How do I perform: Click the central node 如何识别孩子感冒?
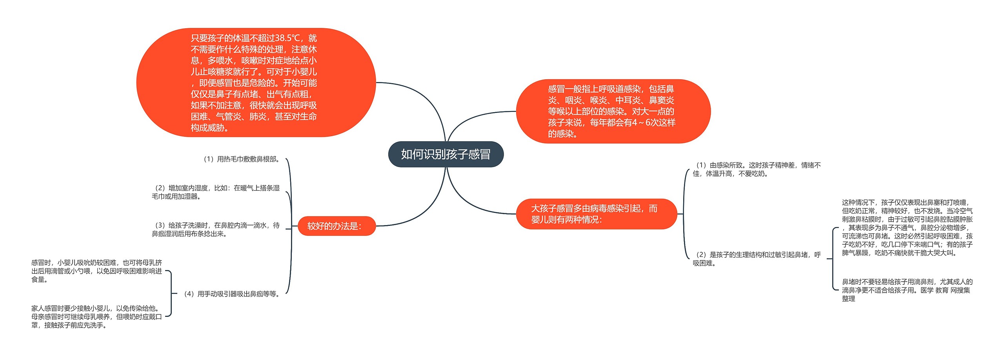[x=446, y=154]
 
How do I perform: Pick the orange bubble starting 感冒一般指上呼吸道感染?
[x=613, y=111]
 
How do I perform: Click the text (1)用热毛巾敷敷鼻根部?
[x=241, y=159]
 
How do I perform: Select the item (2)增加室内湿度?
[x=216, y=192]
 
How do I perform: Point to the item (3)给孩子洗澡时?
[x=216, y=230]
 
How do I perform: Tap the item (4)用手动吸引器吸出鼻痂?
[x=231, y=294]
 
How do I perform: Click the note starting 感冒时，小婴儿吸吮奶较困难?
[x=96, y=271]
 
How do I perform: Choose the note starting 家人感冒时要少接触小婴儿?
[x=96, y=317]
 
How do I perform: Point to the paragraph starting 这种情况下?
[x=907, y=228]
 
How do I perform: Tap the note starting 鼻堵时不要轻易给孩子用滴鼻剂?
[x=907, y=290]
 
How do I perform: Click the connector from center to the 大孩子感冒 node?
[x=471, y=202]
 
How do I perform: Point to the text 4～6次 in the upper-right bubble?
[x=647, y=123]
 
